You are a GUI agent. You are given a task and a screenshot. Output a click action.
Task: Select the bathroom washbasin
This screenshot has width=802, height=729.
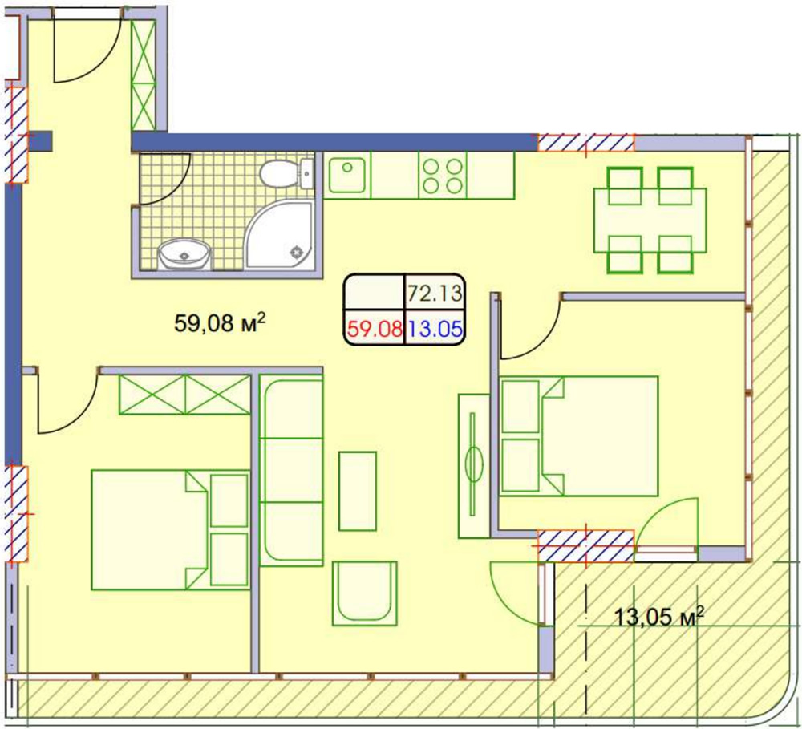(184, 253)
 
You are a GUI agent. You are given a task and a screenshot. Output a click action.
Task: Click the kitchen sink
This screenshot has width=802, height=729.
(347, 175)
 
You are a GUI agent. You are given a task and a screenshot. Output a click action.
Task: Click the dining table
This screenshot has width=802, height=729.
(650, 221)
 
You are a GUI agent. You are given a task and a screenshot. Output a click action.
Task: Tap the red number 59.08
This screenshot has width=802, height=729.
(375, 329)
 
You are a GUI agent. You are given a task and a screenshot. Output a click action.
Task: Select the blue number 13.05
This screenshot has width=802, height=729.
(435, 329)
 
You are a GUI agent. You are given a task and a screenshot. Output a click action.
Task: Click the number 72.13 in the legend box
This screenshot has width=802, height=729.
(435, 294)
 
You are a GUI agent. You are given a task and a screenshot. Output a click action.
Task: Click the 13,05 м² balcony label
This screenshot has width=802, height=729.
(658, 617)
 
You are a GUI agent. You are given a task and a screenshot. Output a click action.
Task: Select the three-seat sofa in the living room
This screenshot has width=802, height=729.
(291, 470)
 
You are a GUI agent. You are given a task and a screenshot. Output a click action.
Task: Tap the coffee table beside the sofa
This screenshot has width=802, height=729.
(358, 491)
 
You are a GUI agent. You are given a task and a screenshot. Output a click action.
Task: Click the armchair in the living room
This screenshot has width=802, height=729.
(365, 593)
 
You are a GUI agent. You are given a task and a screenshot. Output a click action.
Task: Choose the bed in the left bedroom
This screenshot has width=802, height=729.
(170, 530)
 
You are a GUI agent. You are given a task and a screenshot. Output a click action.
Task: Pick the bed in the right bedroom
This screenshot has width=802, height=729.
(579, 435)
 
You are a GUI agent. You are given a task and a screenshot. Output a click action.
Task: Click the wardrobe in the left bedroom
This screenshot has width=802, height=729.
(184, 394)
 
